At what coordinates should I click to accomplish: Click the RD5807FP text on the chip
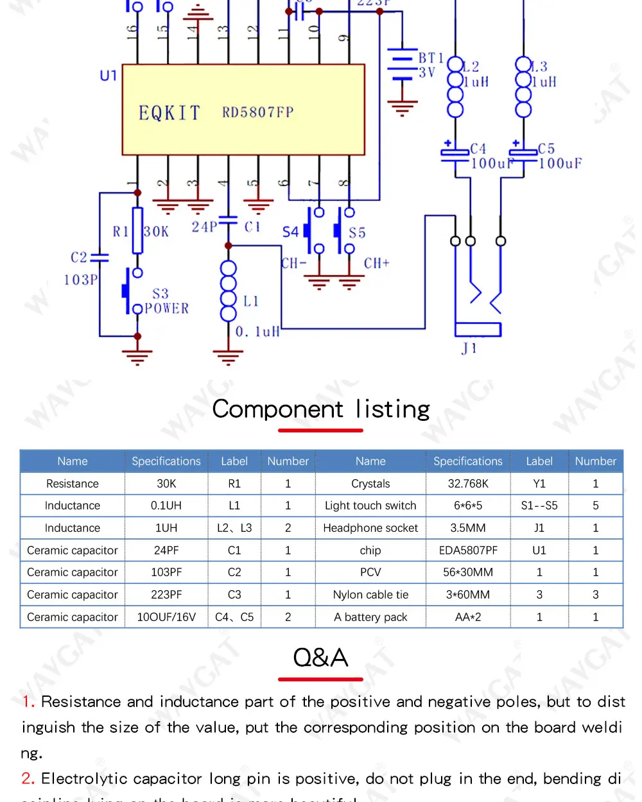pyautogui.click(x=257, y=112)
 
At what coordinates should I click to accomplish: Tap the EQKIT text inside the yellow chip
pyautogui.click(x=169, y=114)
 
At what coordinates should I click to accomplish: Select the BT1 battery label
pyautogui.click(x=431, y=58)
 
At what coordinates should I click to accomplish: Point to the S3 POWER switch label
pyautogui.click(x=166, y=302)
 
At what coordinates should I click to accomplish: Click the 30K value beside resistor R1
pyautogui.click(x=157, y=232)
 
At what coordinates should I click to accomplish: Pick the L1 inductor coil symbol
pyautogui.click(x=228, y=291)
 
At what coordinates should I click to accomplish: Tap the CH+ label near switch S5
pyautogui.click(x=376, y=263)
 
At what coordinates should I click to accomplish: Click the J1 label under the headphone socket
pyautogui.click(x=469, y=348)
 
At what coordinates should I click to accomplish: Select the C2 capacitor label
pyautogui.click(x=79, y=257)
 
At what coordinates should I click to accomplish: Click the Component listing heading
pyautogui.click(x=321, y=409)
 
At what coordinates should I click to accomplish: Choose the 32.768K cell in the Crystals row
pyautogui.click(x=468, y=484)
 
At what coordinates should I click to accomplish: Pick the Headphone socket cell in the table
pyautogui.click(x=370, y=528)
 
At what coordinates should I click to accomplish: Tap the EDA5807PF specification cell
pyautogui.click(x=468, y=550)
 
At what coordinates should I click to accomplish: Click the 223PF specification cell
pyautogui.click(x=166, y=595)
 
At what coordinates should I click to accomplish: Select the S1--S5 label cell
pyautogui.click(x=539, y=506)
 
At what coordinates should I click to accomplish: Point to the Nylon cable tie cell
pyautogui.click(x=370, y=595)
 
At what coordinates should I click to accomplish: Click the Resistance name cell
pyautogui.click(x=73, y=484)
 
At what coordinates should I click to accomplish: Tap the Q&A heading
pyautogui.click(x=320, y=658)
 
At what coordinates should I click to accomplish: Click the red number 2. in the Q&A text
pyautogui.click(x=28, y=779)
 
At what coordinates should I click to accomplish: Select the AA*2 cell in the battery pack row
pyautogui.click(x=468, y=617)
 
